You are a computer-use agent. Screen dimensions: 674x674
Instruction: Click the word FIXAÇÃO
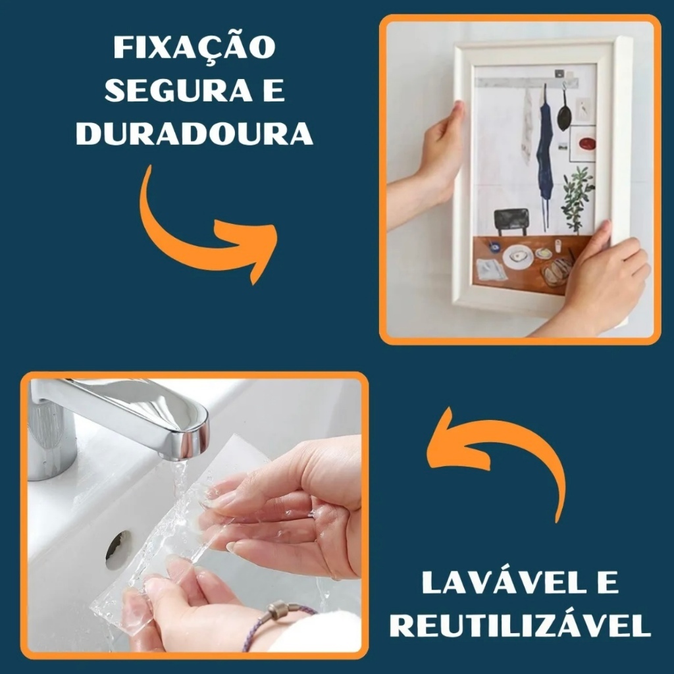pos(194,48)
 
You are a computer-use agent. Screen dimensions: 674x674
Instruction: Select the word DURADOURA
pos(194,133)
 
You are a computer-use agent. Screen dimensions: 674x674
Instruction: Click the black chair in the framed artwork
pos(511,222)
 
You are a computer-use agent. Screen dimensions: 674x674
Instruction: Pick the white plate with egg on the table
pos(518,257)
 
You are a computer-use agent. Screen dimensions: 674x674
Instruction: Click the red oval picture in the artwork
pos(586,143)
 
